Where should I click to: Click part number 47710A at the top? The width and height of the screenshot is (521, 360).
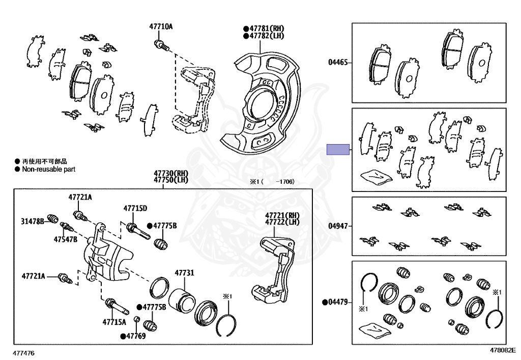click(x=161, y=26)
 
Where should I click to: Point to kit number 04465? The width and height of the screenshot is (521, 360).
click(x=338, y=63)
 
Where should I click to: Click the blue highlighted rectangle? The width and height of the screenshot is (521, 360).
click(x=338, y=150)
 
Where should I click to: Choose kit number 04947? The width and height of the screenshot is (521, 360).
click(x=338, y=225)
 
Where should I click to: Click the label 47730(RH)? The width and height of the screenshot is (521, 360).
click(x=163, y=174)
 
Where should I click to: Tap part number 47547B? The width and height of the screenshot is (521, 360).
click(x=67, y=239)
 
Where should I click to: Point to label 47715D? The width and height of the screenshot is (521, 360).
click(x=135, y=208)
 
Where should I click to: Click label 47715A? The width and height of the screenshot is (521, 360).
click(x=114, y=322)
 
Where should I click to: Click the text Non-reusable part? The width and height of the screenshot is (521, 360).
click(x=48, y=169)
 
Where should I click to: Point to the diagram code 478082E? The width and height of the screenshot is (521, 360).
click(x=503, y=350)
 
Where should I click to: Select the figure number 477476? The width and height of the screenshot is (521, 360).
click(x=24, y=352)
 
